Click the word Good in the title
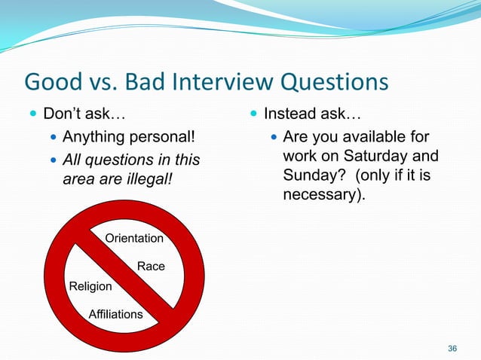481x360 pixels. [51, 82]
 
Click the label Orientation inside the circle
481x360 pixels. [134, 239]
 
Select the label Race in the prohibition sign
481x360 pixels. [151, 267]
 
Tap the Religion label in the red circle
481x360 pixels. [90, 286]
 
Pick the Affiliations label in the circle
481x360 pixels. [115, 314]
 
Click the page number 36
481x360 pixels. [452, 348]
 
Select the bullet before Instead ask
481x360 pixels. [252, 117]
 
